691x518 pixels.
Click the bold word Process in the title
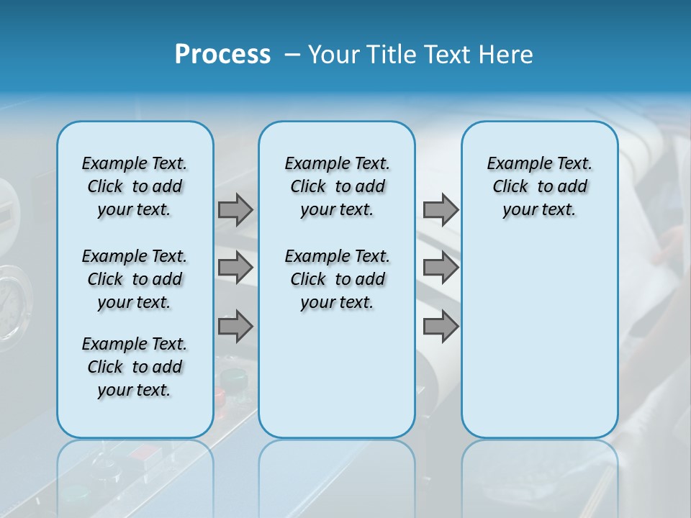[x=222, y=55]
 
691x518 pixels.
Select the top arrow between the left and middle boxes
[x=235, y=209]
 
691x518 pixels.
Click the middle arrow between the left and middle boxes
[x=235, y=268]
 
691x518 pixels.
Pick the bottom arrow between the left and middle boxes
[x=235, y=326]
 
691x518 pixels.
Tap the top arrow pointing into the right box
[x=441, y=209]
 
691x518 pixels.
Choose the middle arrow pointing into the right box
[x=441, y=268]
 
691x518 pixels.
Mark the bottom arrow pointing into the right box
[x=441, y=326]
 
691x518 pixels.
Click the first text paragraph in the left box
[x=135, y=186]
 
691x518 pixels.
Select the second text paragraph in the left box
[x=135, y=279]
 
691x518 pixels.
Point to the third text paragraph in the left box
[x=135, y=367]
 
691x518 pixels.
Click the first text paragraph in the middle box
[x=337, y=186]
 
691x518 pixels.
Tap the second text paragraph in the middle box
[x=337, y=279]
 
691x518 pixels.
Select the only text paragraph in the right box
[x=539, y=186]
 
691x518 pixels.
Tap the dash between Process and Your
[x=292, y=55]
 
